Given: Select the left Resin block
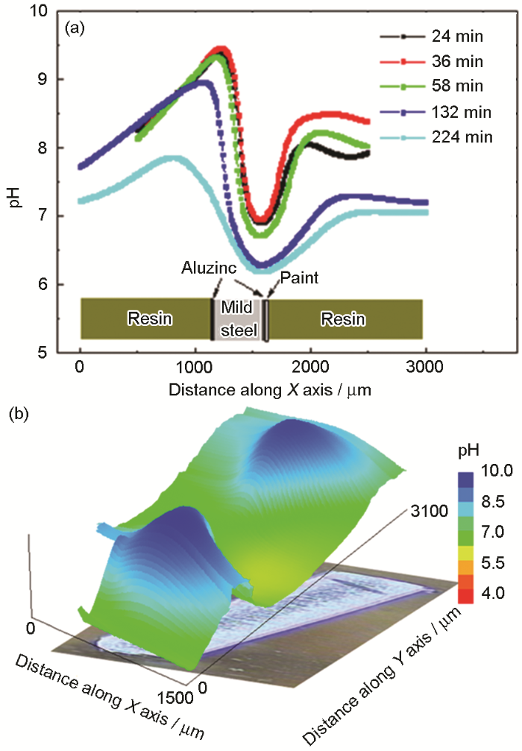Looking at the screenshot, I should click(x=149, y=319).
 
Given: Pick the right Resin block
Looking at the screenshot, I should click(x=343, y=319).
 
